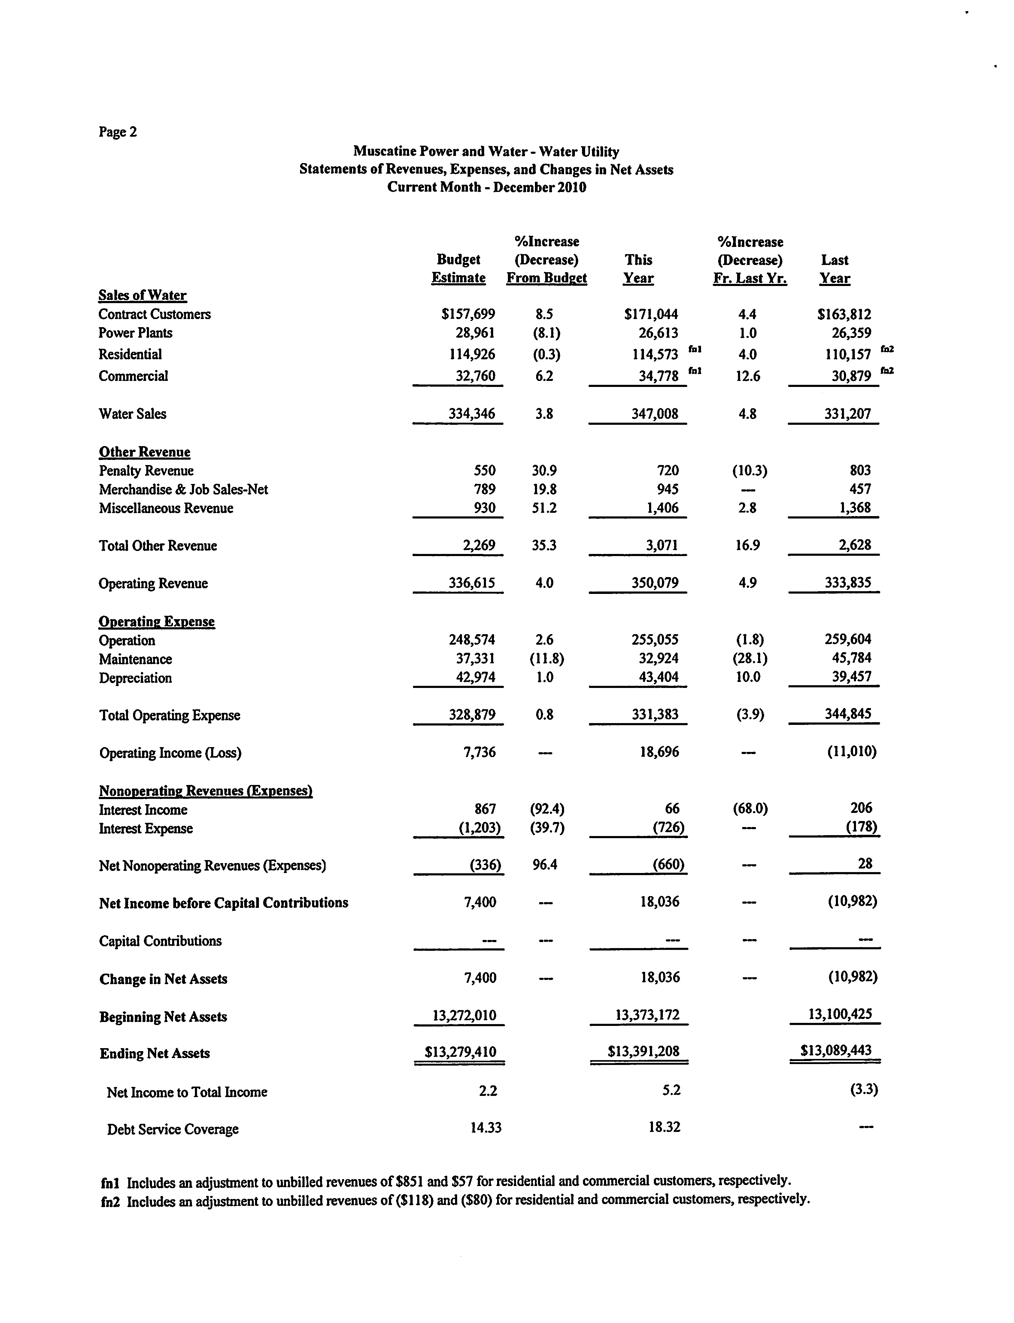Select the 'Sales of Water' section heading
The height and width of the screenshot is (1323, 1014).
[x=142, y=295]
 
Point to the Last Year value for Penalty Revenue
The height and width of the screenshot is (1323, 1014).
[x=860, y=470]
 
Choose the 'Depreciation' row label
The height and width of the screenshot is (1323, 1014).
[x=135, y=678]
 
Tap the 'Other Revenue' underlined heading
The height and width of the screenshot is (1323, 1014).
[x=144, y=452]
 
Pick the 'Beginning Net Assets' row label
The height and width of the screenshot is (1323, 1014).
[x=163, y=1016]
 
